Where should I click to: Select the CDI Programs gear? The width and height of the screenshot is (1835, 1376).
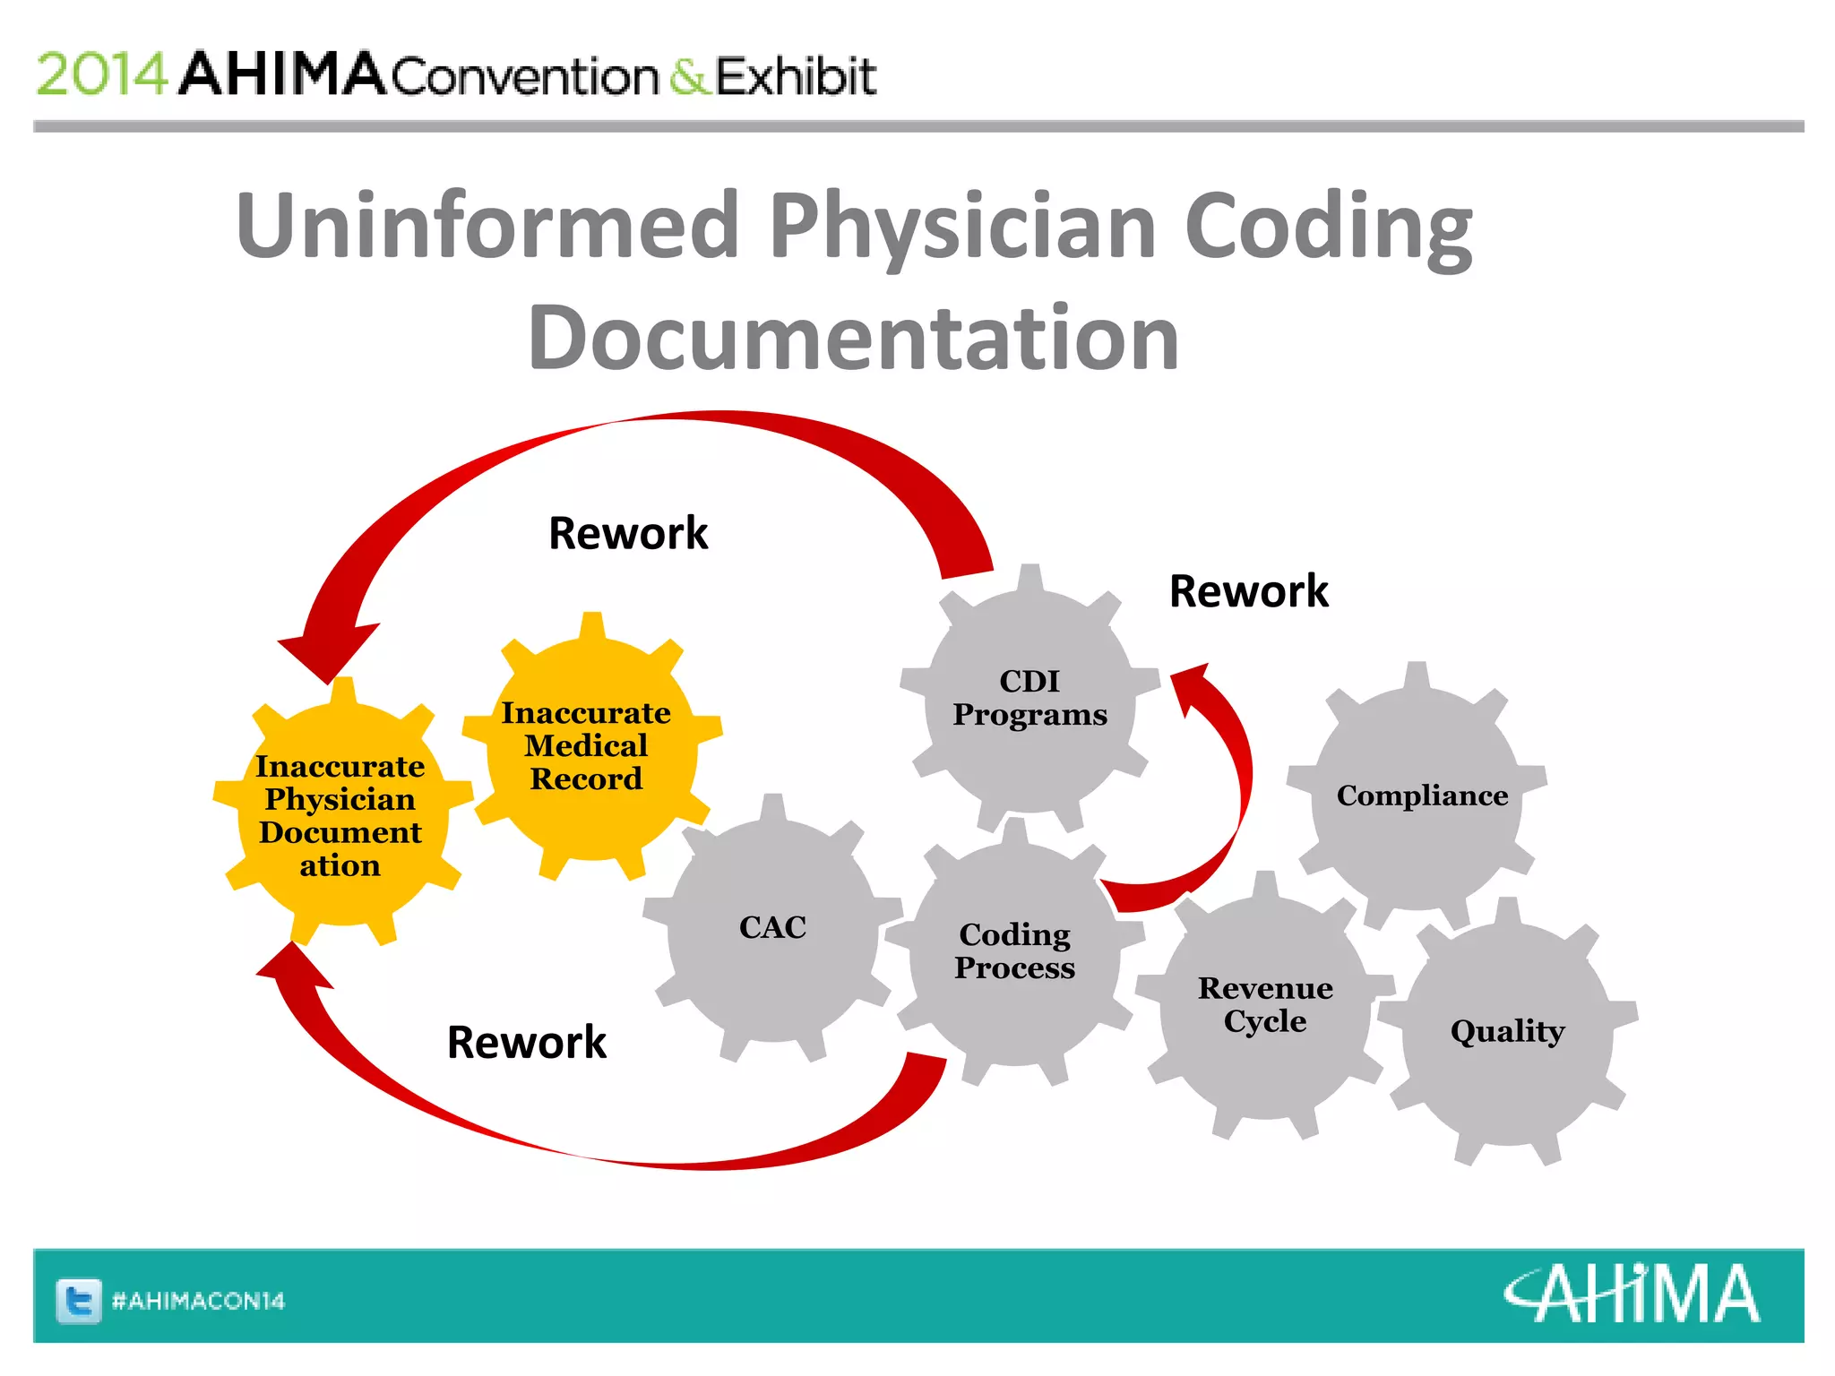click(x=1029, y=699)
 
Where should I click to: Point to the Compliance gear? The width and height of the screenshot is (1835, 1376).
click(x=1422, y=795)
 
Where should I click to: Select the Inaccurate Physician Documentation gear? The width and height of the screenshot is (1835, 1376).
click(x=340, y=815)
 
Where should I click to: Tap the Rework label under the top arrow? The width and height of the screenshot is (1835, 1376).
click(x=628, y=534)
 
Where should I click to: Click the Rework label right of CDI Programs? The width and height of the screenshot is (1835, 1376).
click(x=1248, y=591)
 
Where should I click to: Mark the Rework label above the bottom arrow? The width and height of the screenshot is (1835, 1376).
click(x=527, y=1043)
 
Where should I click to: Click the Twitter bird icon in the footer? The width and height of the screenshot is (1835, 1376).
click(x=79, y=1301)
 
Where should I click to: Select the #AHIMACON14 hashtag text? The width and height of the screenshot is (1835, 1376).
click(x=198, y=1301)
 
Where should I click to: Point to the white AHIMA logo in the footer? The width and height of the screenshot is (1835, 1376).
click(x=1631, y=1294)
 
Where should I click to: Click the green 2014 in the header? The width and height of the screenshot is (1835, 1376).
click(x=101, y=74)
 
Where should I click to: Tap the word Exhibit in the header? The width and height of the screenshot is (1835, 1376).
click(x=796, y=76)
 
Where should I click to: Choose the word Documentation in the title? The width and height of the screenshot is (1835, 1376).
click(x=853, y=338)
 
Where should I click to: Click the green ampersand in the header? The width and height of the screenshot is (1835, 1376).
click(x=688, y=77)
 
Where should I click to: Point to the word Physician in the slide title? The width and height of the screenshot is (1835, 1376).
click(x=963, y=225)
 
